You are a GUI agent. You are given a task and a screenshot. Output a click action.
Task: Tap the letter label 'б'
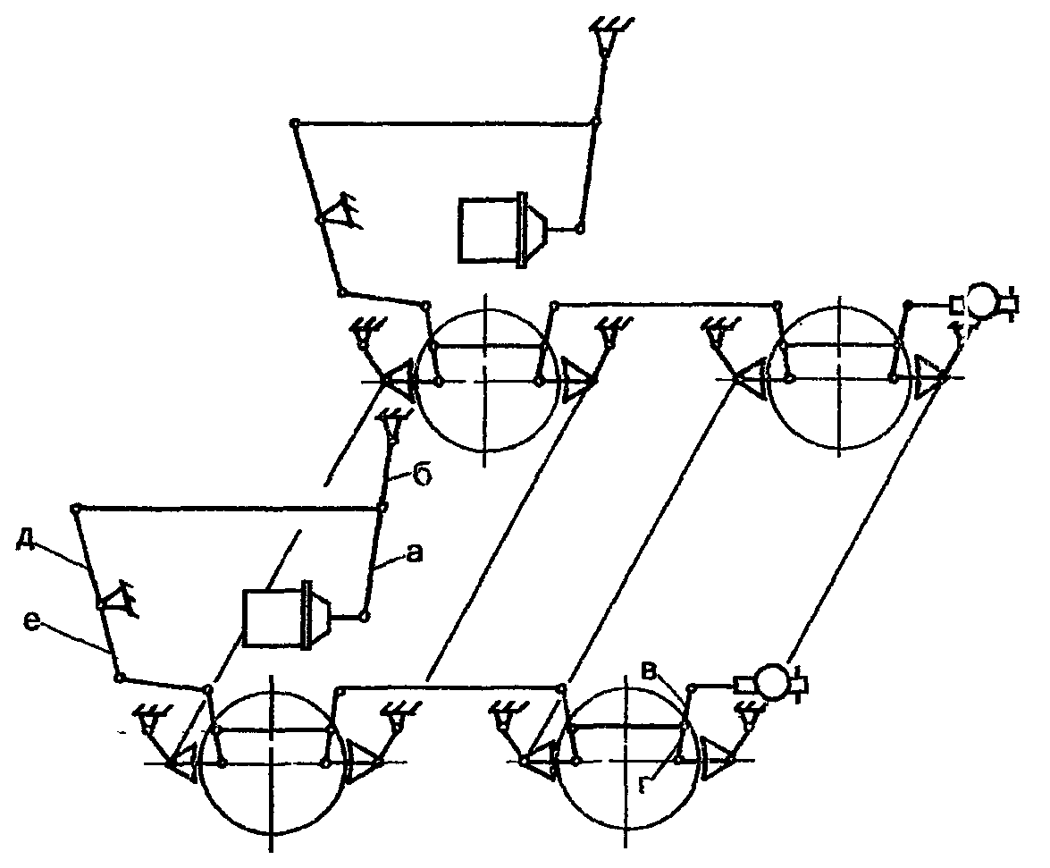(423, 474)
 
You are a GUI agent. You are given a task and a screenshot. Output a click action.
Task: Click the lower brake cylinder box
(273, 619)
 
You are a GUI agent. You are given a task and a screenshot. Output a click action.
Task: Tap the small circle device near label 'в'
(769, 684)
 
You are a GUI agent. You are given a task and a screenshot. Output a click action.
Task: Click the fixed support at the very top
(606, 36)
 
